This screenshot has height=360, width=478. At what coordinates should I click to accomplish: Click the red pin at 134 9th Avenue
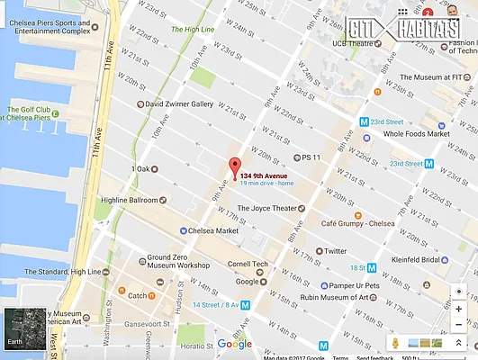(x=236, y=167)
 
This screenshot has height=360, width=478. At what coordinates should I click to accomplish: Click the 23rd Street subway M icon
(x=364, y=121)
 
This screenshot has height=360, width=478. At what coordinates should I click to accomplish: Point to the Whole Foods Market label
(x=415, y=134)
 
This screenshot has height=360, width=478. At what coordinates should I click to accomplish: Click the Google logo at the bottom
(x=235, y=343)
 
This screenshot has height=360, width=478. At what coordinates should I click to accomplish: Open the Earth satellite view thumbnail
(x=23, y=329)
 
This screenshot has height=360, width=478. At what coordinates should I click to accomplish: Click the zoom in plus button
(x=459, y=309)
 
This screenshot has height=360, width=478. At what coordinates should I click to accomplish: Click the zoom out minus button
(x=459, y=325)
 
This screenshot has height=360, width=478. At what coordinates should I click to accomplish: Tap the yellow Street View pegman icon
(x=393, y=344)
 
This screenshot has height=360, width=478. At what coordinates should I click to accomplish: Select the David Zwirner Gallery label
(x=179, y=103)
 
